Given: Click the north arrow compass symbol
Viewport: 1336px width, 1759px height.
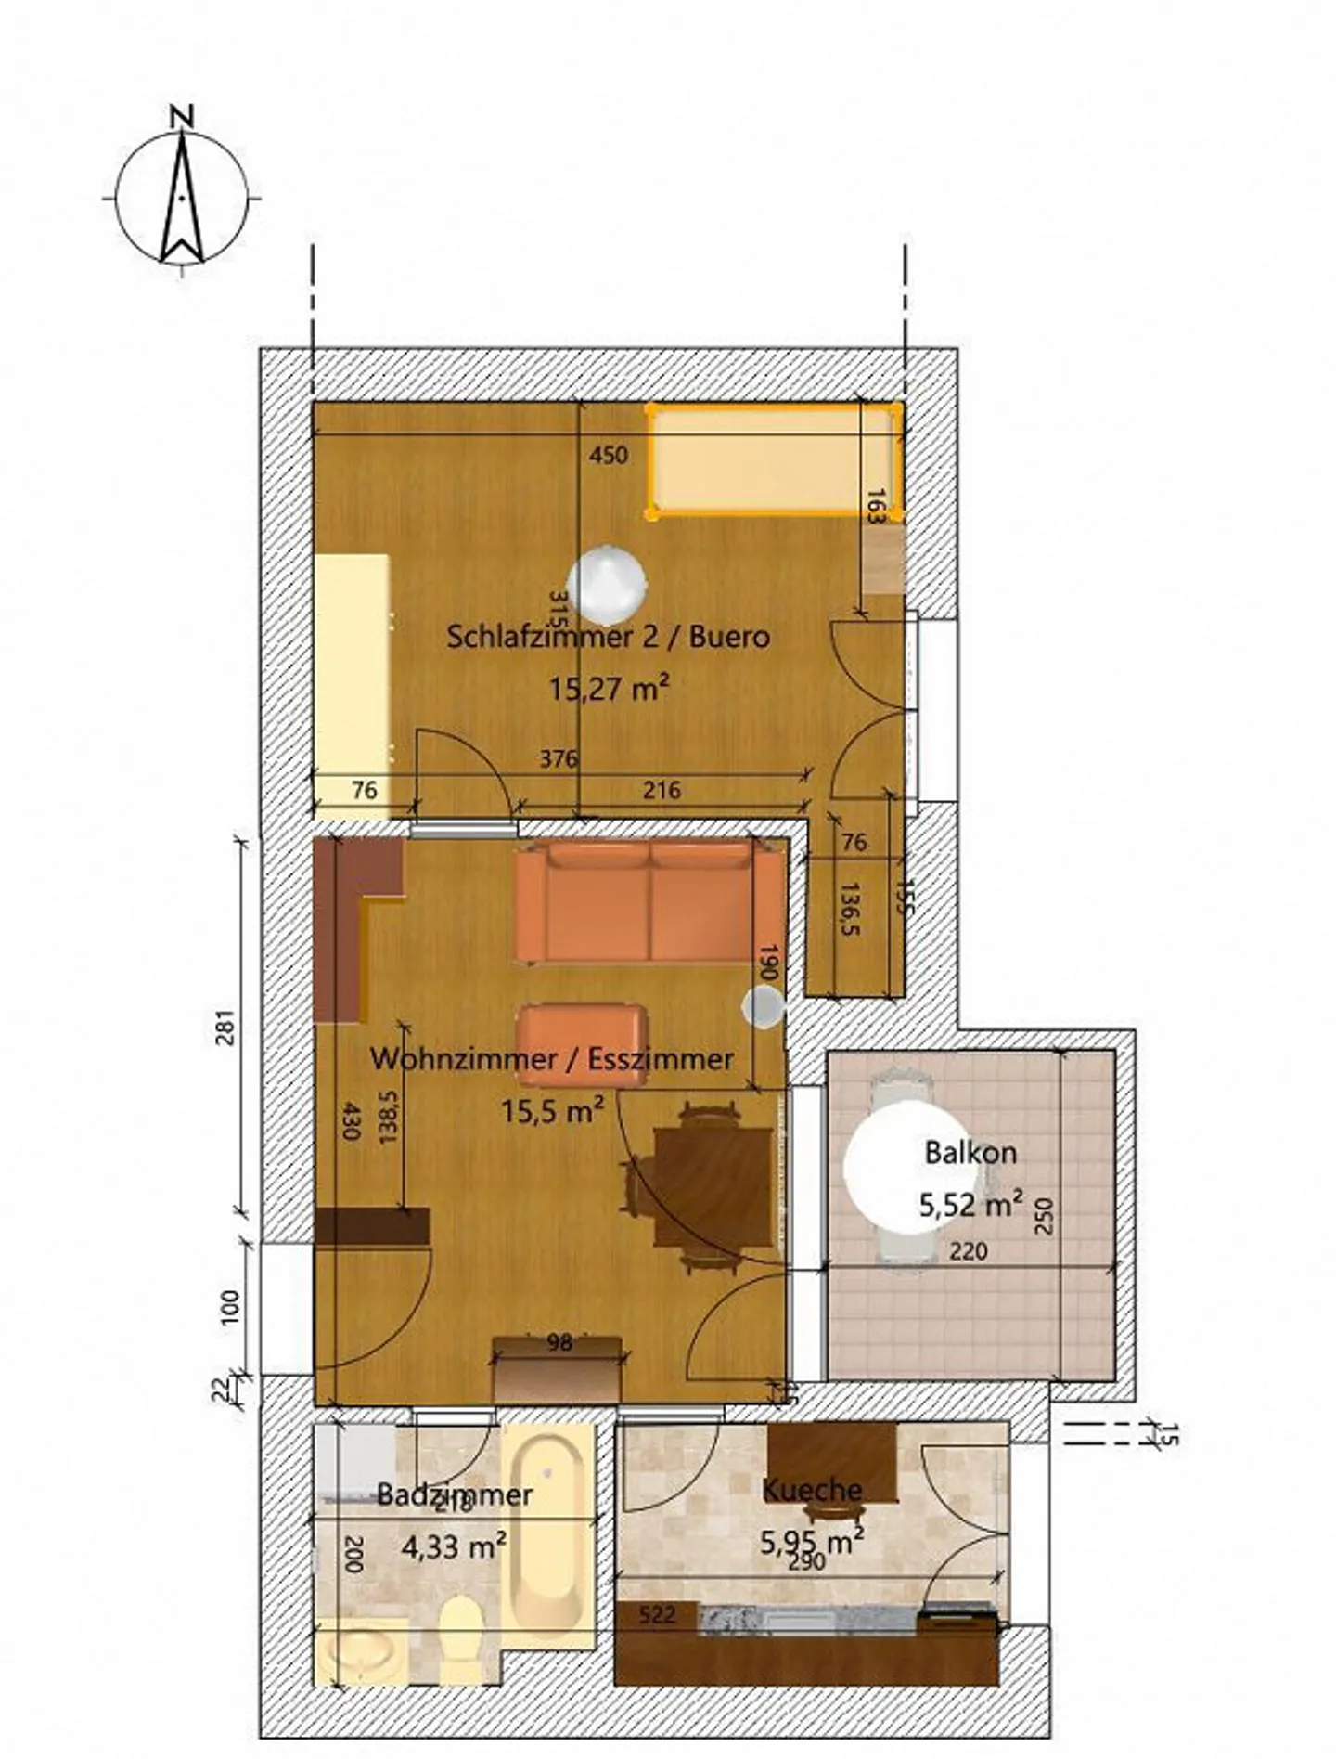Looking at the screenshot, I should point(183,197).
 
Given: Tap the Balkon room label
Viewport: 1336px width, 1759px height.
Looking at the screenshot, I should point(970,1152).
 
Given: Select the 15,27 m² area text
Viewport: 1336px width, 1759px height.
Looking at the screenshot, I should point(609,689).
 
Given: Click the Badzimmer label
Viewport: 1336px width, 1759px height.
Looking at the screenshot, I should point(455,1494).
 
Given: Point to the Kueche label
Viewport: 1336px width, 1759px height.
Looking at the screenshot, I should point(812,1490).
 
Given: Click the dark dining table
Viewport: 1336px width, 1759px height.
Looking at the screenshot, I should point(713,1186).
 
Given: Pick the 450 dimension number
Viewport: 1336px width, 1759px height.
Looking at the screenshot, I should point(609,455).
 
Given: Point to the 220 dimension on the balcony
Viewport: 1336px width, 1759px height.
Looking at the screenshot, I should point(968,1251).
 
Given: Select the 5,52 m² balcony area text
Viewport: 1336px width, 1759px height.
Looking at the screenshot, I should point(970,1204).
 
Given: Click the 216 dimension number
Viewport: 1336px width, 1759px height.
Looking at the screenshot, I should point(662,790).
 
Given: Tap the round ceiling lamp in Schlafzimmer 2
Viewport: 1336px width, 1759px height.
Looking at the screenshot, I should point(607,583).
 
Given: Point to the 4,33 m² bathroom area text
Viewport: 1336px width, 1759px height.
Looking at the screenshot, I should point(454,1546).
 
